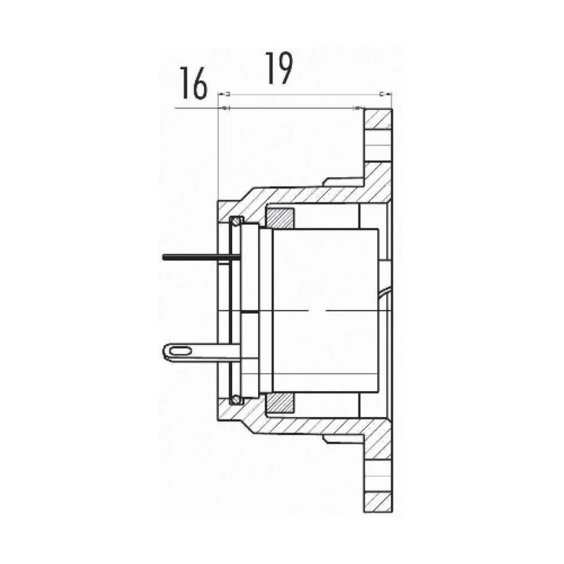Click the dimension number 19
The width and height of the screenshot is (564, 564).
(x=279, y=68)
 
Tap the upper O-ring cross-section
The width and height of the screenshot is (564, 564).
(x=236, y=219)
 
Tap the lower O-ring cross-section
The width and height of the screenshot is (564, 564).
(x=236, y=400)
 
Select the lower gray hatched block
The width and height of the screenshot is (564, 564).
(x=280, y=402)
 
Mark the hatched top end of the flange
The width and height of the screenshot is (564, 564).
(x=378, y=118)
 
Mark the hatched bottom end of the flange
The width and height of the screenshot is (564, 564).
(x=378, y=501)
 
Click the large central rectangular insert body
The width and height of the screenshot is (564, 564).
(x=324, y=310)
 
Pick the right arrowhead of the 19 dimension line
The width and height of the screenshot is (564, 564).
(x=387, y=94)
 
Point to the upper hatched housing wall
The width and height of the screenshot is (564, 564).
(x=316, y=195)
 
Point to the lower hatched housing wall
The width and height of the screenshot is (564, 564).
(x=316, y=425)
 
